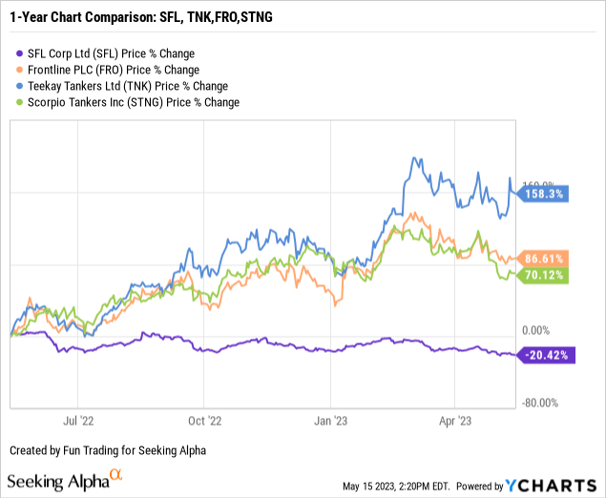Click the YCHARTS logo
(565, 485)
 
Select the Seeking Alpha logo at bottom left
(65, 480)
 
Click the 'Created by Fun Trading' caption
(108, 450)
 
